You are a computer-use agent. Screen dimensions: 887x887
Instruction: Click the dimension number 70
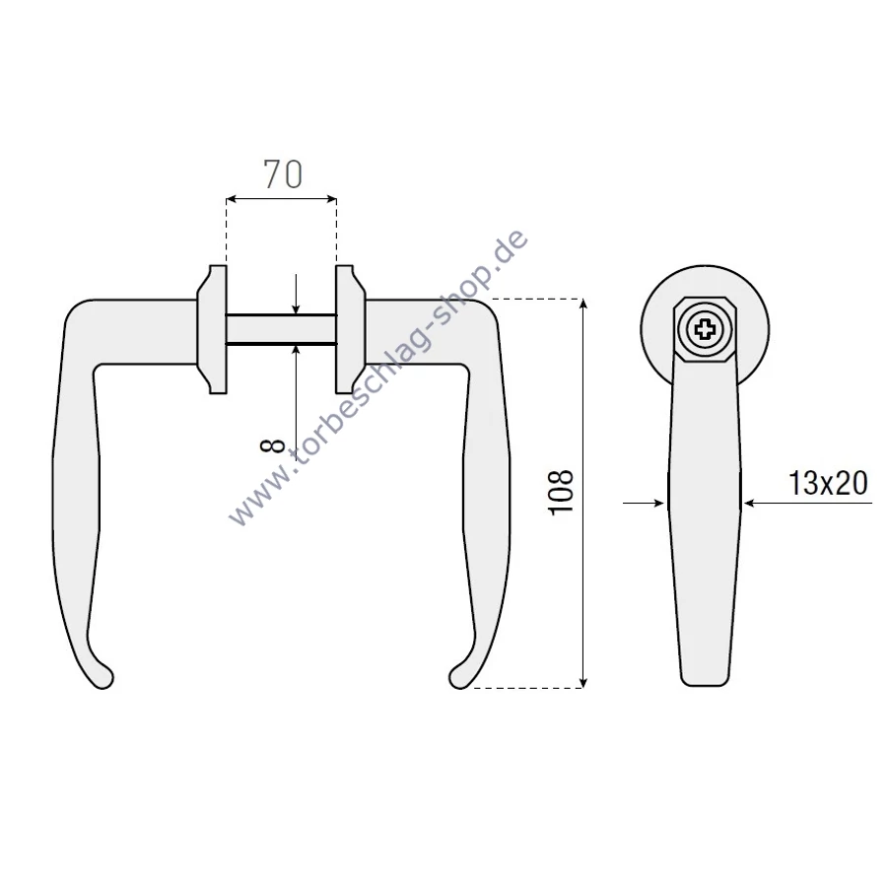[x=283, y=173]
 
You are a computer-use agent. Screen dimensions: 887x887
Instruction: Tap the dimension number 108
[x=561, y=492]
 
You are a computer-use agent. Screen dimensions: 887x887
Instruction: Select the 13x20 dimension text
[x=828, y=484]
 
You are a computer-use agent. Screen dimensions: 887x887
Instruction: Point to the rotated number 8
[x=272, y=446]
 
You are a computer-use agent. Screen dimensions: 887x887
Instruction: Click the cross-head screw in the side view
[x=705, y=328]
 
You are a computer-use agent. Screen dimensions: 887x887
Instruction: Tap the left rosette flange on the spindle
[x=212, y=328]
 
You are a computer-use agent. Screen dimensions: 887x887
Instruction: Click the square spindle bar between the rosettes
[x=281, y=329]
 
